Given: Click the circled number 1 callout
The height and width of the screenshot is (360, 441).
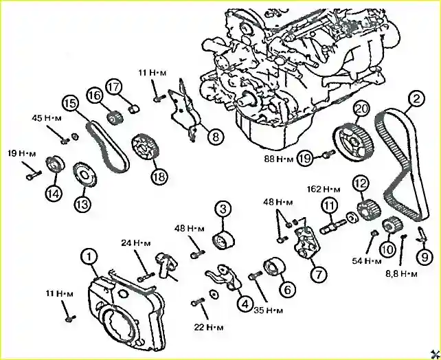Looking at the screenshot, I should [x=89, y=257].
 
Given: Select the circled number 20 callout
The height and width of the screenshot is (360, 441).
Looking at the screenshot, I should [x=361, y=109].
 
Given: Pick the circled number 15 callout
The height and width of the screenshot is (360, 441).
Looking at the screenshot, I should [x=70, y=103].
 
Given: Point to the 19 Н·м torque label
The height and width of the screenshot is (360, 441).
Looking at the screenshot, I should [x=22, y=153].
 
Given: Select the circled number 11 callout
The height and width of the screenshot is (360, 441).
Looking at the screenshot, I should [x=330, y=205].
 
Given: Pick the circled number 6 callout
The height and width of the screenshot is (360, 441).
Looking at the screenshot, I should [x=288, y=290].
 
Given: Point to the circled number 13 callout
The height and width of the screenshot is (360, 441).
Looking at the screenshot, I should [x=83, y=203].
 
